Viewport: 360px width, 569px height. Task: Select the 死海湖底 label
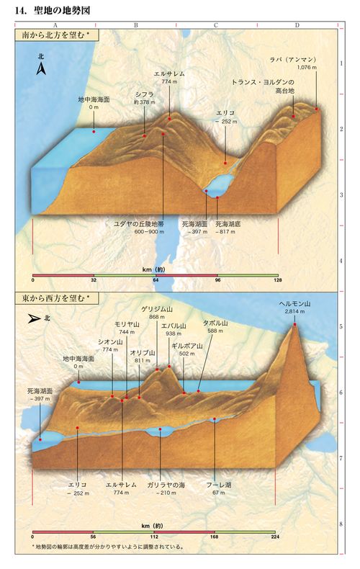228,225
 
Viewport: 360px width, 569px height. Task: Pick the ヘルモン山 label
295,304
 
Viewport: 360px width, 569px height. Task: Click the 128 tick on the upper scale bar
278,281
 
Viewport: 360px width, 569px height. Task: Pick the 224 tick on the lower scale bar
274,537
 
